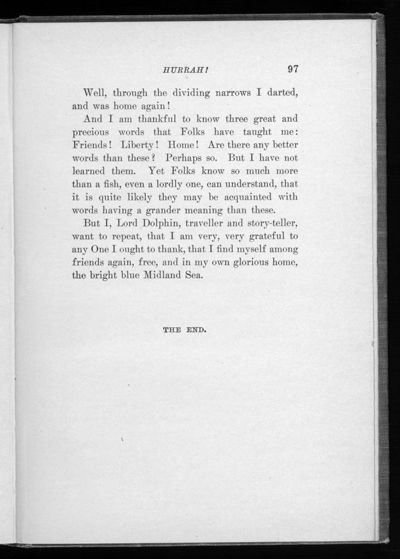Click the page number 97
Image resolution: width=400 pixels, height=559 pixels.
pos(293,70)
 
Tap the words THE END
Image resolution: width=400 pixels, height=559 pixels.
pos(185,330)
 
